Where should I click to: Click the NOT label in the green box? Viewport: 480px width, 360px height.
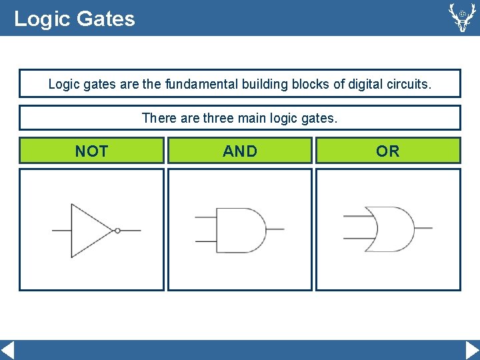(x=91, y=151)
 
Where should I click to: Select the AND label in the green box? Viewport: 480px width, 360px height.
(x=240, y=151)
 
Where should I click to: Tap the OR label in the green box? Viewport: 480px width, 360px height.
(x=388, y=151)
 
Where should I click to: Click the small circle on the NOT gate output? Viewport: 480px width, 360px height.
(x=117, y=231)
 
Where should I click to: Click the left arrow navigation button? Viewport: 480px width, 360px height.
(x=7, y=350)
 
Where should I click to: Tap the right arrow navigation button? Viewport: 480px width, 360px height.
(x=472, y=350)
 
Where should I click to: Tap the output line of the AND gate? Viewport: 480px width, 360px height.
(x=275, y=229)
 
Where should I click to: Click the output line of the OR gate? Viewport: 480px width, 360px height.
(x=423, y=228)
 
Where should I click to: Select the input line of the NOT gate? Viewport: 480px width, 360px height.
(x=62, y=231)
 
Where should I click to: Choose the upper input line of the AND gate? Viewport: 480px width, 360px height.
(x=206, y=217)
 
